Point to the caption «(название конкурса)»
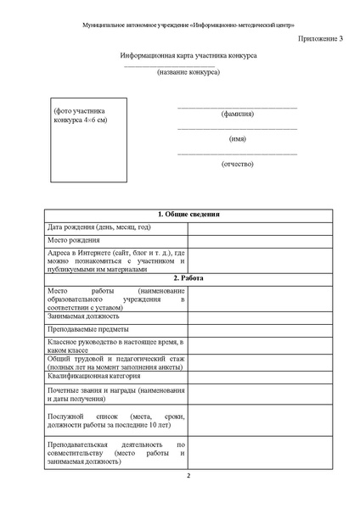click(x=188, y=72)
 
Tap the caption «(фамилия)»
click(x=237, y=114)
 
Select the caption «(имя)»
click(x=237, y=138)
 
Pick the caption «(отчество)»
click(x=237, y=162)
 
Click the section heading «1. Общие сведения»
click(x=189, y=215)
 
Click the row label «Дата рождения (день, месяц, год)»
click(x=99, y=227)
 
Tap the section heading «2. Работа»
click(x=189, y=278)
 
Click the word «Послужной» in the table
click(x=67, y=418)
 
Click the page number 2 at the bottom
click(x=189, y=486)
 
